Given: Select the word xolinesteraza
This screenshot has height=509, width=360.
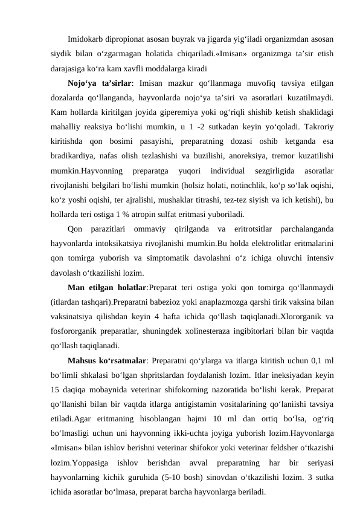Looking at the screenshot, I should (212, 331).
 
